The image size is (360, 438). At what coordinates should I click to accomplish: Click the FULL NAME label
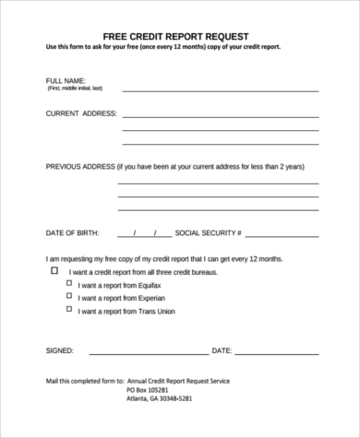tap(65, 81)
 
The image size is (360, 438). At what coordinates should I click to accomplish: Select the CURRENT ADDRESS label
tap(81, 113)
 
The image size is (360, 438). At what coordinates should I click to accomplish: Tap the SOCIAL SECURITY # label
tap(208, 233)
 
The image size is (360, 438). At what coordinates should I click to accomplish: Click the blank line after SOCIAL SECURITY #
tap(282, 237)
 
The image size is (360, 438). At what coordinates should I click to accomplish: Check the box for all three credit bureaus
tap(54, 272)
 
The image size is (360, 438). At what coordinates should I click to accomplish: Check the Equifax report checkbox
tap(68, 285)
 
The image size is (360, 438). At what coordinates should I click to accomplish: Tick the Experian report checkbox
tap(68, 298)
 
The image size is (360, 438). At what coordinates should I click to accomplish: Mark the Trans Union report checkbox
tap(68, 311)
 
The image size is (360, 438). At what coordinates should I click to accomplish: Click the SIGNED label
tap(60, 351)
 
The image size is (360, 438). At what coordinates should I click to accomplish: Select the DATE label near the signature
tap(222, 351)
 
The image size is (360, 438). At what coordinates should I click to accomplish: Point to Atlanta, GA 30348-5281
tap(161, 399)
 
